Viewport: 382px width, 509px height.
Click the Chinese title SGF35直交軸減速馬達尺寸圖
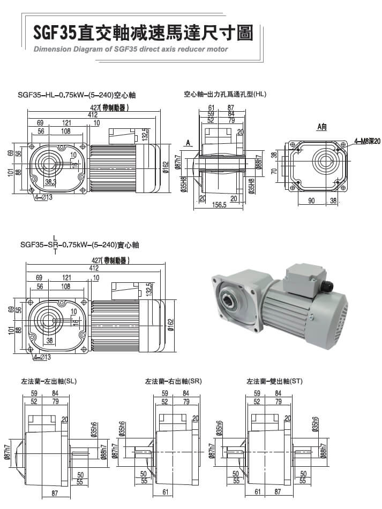pyautogui.click(x=143, y=33)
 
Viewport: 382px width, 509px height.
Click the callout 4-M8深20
pyautogui.click(x=367, y=142)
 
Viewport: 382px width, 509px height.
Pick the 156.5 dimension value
pyautogui.click(x=220, y=204)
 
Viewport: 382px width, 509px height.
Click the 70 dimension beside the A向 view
pyautogui.click(x=273, y=172)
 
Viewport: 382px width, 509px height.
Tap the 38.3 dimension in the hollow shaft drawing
pyautogui.click(x=51, y=182)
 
